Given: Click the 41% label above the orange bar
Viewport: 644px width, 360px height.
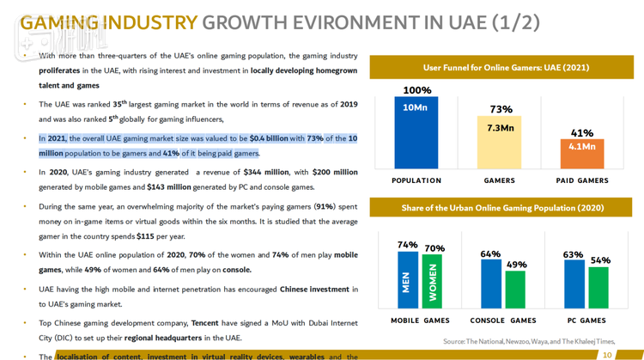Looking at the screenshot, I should point(582,133).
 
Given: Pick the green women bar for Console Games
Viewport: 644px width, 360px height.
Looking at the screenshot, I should point(515,290).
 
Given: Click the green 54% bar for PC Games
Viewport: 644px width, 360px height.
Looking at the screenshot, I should point(598,288).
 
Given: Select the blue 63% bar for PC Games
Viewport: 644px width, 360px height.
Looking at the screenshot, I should point(574,284).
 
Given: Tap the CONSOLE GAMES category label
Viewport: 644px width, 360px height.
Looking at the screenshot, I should point(504,320).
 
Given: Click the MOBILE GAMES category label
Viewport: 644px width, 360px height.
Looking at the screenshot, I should point(421,320).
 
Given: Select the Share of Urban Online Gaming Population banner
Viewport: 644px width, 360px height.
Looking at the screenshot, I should point(502,208).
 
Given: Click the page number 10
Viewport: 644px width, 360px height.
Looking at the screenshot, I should point(608,354).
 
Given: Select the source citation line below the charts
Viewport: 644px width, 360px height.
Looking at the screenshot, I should point(529,342).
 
